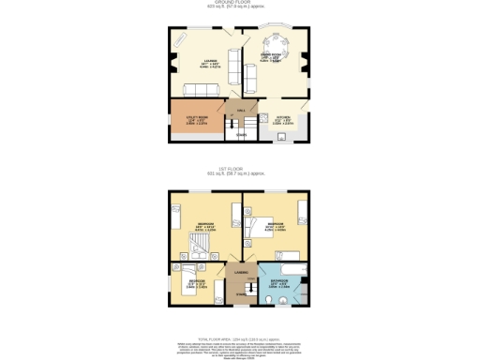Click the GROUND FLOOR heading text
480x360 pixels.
coord(239,4)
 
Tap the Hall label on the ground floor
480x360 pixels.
coord(240,111)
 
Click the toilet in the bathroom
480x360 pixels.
coord(268,298)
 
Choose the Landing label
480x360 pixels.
coord(240,273)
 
